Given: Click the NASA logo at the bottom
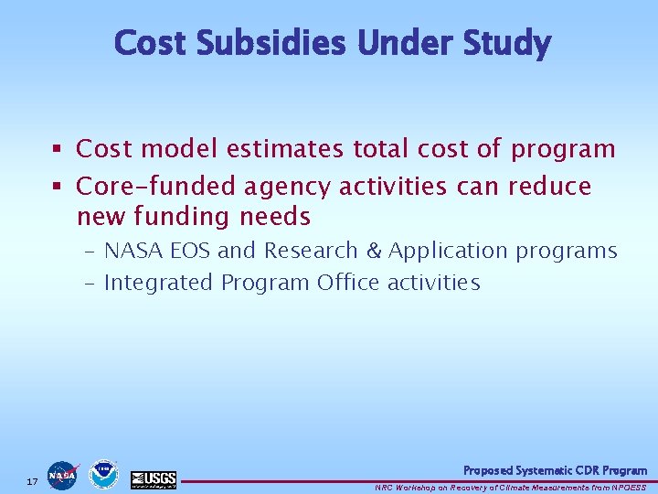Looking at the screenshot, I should click(63, 476).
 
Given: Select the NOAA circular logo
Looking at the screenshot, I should click(103, 475).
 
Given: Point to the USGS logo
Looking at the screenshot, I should click(154, 478).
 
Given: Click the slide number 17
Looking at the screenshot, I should click(32, 481).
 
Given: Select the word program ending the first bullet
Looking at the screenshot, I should click(563, 149).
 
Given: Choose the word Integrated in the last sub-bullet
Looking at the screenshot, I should click(159, 284).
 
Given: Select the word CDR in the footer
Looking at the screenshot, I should click(576, 470).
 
